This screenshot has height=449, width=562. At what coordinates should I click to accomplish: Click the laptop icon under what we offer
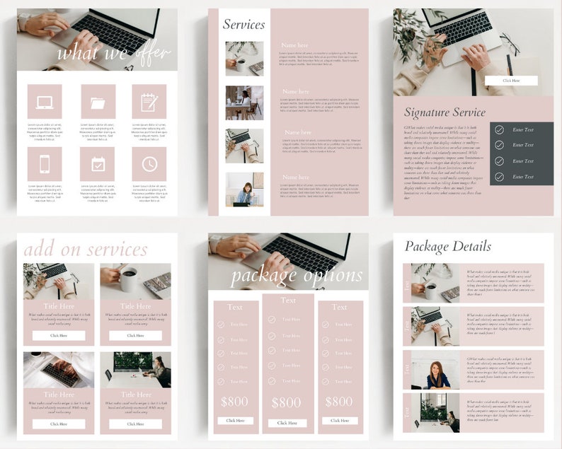point(45,102)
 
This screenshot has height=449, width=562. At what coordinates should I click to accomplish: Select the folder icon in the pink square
point(98,102)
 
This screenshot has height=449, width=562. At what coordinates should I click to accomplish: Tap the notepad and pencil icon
point(149,102)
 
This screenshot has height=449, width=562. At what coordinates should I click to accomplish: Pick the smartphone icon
point(45,164)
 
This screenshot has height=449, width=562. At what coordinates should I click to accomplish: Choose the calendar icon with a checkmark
point(98,164)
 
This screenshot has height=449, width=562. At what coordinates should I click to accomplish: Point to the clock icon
point(149,164)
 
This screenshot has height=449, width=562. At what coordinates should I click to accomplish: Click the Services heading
point(243,24)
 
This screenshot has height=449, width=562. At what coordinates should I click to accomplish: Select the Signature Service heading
point(445,112)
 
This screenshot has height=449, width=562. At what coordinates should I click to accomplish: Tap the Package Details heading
point(447,246)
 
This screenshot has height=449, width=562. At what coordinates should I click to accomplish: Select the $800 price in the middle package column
point(287,402)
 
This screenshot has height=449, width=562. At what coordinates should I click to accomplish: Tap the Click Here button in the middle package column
point(287,423)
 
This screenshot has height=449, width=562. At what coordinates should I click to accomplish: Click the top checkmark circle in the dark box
point(499,130)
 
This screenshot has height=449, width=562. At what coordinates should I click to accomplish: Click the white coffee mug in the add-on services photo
point(128,280)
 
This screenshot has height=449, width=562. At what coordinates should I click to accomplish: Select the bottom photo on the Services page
point(244,189)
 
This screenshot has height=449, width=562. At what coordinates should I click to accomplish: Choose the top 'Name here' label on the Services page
point(294,45)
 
